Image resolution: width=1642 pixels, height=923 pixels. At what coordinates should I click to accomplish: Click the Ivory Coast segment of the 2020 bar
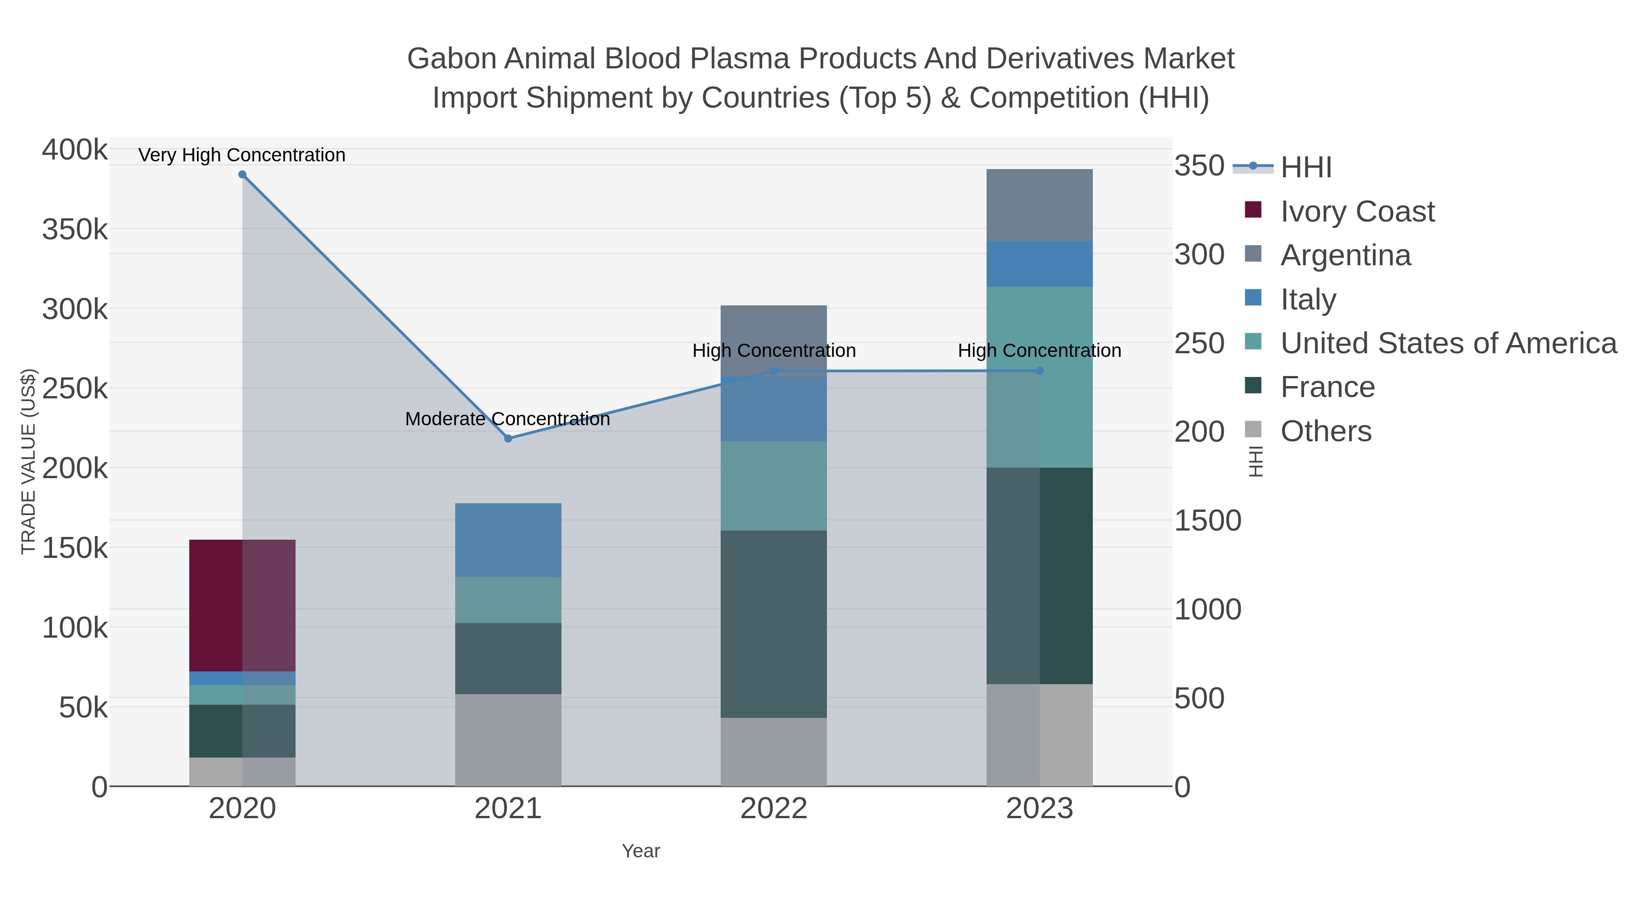(242, 605)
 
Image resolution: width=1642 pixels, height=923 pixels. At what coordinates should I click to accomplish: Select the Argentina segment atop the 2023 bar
(1039, 205)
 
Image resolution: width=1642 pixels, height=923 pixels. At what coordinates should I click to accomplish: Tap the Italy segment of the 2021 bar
(508, 540)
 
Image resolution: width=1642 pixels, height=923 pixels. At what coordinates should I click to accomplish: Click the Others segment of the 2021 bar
(508, 740)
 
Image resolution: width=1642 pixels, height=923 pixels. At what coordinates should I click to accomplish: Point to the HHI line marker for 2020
(242, 175)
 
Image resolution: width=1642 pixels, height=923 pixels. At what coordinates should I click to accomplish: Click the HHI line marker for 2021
(508, 438)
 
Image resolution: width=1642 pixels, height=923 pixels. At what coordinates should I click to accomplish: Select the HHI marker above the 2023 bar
(1039, 371)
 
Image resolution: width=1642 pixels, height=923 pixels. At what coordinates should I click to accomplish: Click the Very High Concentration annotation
(242, 155)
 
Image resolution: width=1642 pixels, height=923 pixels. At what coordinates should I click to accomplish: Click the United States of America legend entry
(1448, 343)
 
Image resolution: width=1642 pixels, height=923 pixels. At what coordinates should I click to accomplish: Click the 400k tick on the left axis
(75, 150)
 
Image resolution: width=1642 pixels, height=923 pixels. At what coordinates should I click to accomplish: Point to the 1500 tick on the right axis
(1207, 521)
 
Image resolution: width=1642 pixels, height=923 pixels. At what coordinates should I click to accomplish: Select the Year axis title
(641, 851)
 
